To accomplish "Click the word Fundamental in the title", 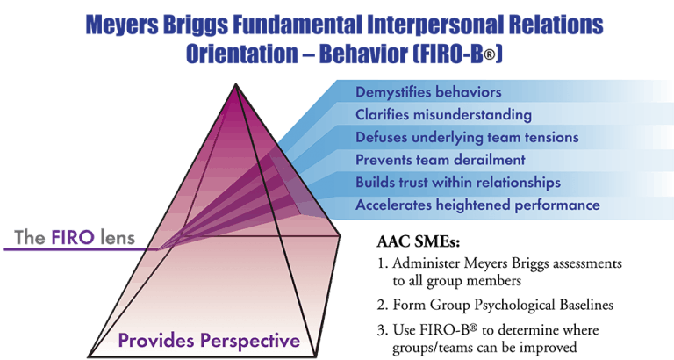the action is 298,25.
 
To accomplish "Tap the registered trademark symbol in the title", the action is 489,57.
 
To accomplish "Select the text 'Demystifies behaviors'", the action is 428,92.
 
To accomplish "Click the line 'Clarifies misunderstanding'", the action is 443,115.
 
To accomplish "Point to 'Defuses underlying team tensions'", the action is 467,138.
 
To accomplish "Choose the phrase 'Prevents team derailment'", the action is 441,160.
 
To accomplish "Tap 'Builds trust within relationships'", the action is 458,183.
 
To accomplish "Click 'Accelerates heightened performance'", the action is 477,205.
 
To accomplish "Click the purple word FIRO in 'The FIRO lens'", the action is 73,237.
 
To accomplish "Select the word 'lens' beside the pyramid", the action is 118,237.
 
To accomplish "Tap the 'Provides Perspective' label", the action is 209,341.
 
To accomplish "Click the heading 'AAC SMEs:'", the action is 419,241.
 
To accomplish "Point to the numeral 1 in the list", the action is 381,263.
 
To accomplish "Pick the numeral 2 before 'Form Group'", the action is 382,306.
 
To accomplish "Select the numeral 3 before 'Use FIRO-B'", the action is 382,330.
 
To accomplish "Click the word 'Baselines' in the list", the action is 586,305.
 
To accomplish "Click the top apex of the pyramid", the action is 235,84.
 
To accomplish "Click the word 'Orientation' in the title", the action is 241,54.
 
